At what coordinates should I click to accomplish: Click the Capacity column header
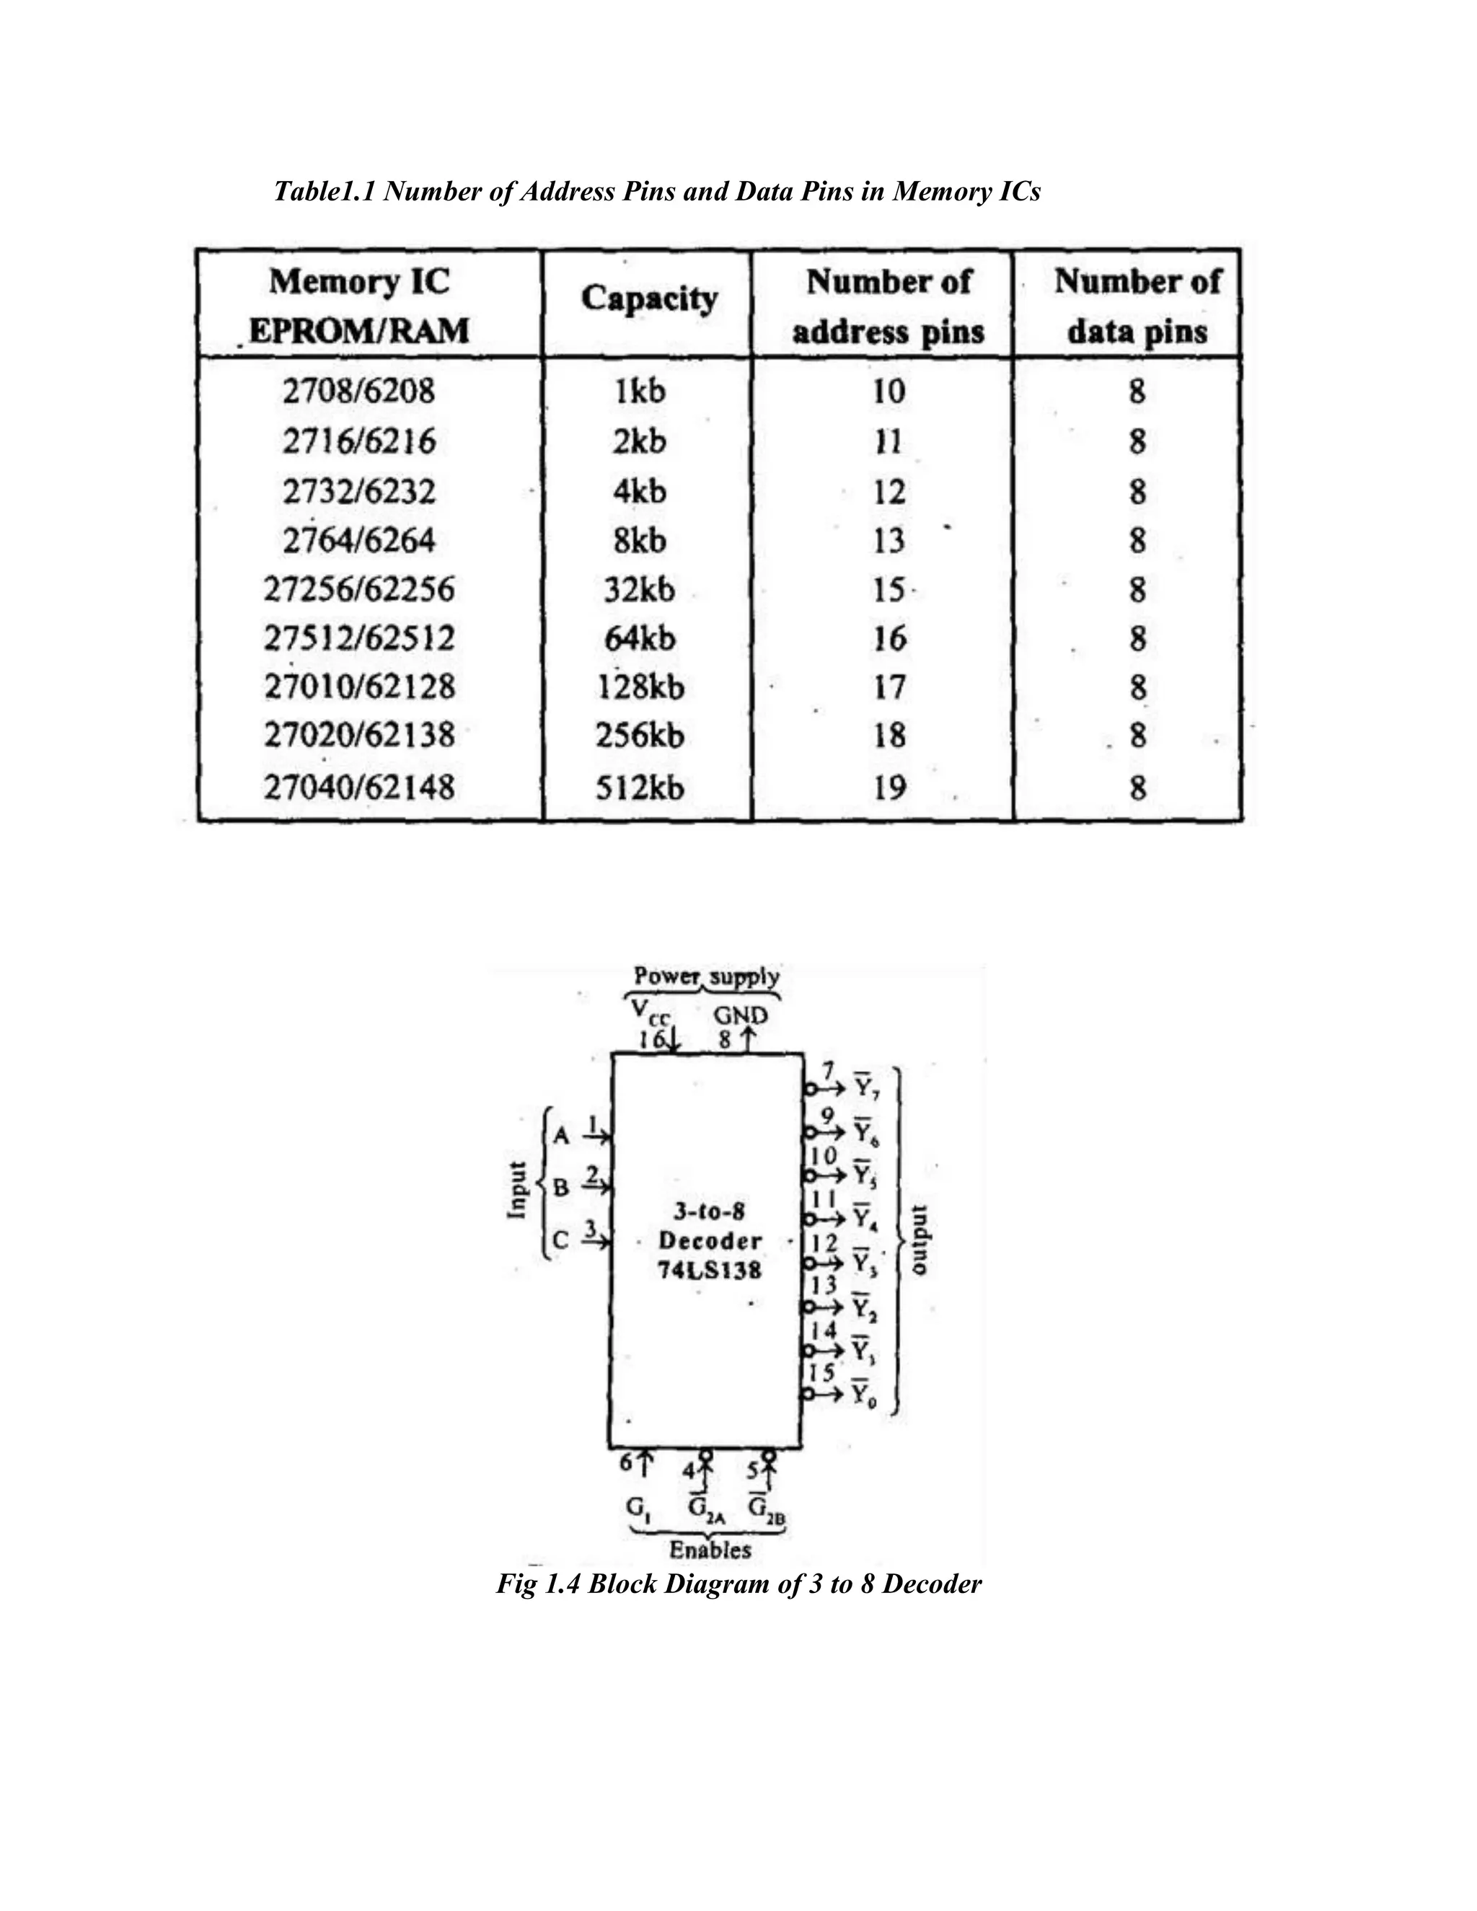[648, 299]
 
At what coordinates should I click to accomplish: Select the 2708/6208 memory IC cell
[358, 390]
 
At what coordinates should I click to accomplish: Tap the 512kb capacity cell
[640, 788]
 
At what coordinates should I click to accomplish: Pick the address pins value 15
[888, 590]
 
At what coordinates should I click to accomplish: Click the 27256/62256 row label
[358, 590]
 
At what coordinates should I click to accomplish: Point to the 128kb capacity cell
[640, 687]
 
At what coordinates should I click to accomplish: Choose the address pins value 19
[888, 788]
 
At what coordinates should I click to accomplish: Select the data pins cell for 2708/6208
[1137, 390]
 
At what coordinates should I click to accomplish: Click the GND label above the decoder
[740, 1016]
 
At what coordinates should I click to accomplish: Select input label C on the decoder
[561, 1240]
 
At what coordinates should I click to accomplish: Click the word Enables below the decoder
[710, 1550]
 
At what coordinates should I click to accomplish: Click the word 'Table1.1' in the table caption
[325, 191]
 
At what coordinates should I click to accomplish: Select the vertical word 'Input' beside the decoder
[517, 1190]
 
